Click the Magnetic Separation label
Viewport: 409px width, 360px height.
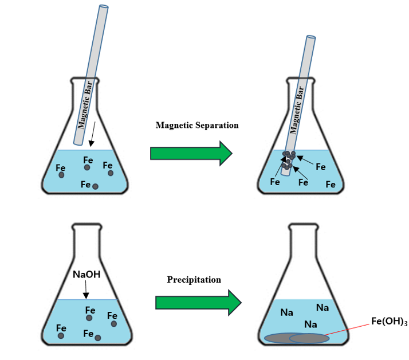[x=196, y=126]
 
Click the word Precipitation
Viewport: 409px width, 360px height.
[x=194, y=280]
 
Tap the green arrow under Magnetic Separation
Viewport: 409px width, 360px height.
[x=191, y=153]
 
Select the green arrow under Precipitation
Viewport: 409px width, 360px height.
[x=198, y=302]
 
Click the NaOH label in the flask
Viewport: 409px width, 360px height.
[x=86, y=275]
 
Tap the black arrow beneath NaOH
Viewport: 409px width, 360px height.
[x=85, y=291]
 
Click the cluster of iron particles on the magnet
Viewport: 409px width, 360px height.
[x=288, y=159]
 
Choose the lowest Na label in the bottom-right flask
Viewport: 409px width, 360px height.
[x=311, y=324]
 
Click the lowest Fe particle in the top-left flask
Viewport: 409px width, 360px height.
[x=96, y=186]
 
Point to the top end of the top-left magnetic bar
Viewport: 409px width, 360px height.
[x=104, y=8]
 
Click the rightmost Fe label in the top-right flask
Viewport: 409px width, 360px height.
[x=331, y=185]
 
